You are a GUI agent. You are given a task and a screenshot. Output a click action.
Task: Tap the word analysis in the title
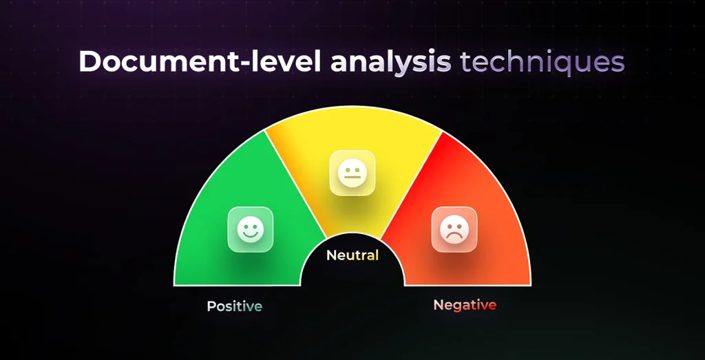(x=391, y=61)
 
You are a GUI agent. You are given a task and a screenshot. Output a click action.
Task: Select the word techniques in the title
(x=543, y=61)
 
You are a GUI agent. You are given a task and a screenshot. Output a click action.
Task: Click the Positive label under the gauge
(x=235, y=306)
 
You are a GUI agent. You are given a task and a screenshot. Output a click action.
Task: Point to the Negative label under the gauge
(x=465, y=305)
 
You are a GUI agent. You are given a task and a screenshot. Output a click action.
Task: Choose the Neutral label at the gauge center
(x=352, y=255)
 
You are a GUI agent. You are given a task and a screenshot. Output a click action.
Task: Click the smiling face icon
(x=251, y=229)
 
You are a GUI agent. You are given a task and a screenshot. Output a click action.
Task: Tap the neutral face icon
(x=352, y=172)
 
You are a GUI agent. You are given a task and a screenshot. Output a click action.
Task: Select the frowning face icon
(x=454, y=229)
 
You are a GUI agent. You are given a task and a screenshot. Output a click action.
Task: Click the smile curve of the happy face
(x=251, y=235)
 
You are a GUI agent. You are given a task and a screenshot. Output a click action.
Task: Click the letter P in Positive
(x=211, y=306)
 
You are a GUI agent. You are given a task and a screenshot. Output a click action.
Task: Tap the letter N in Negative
(x=438, y=305)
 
